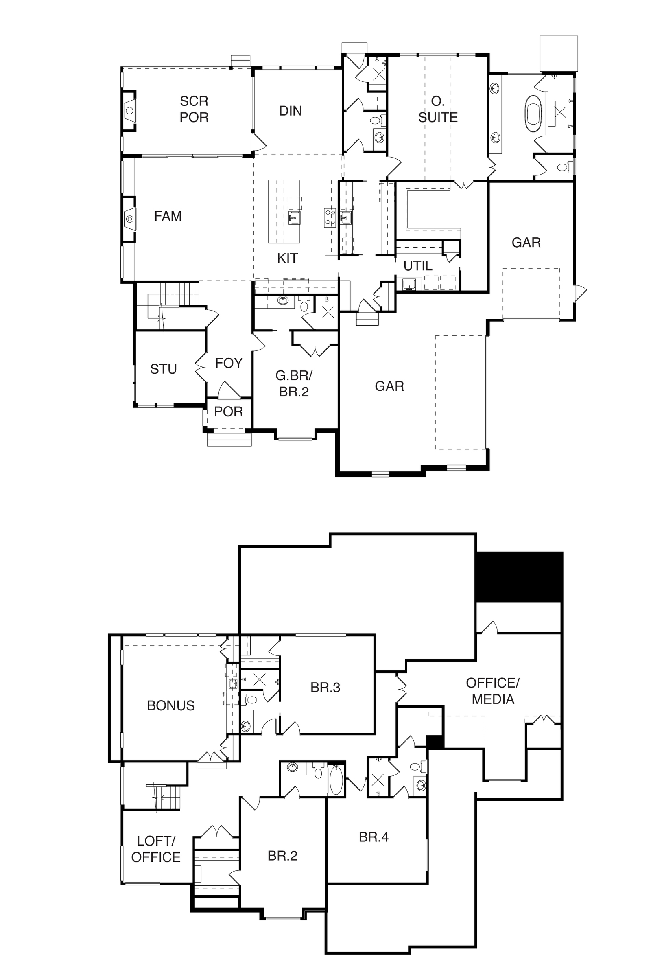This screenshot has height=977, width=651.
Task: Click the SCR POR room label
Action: tap(194, 109)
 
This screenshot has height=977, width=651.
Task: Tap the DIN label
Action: tap(291, 111)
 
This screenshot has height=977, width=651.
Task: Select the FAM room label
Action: tap(168, 216)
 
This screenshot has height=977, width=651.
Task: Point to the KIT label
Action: tap(287, 258)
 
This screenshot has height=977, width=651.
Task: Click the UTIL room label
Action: tap(418, 266)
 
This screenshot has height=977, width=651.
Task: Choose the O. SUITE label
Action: tap(438, 109)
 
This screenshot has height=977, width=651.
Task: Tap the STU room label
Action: tap(164, 369)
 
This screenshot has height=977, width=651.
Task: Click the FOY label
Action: tap(229, 364)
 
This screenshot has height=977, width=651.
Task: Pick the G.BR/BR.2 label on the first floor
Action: tap(294, 383)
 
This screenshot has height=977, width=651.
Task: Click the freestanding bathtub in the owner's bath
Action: tap(533, 114)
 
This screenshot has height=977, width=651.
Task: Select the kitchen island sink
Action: tap(294, 217)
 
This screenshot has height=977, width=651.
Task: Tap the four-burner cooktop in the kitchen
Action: tap(330, 218)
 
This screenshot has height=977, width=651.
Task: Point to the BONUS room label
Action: tap(170, 705)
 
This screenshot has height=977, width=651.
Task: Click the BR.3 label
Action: tap(325, 688)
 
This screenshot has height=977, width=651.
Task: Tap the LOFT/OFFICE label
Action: tap(156, 849)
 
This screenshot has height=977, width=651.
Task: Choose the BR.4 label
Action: tap(374, 837)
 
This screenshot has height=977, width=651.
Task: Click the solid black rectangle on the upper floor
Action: tap(519, 577)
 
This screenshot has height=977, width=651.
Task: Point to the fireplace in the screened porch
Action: tap(129, 110)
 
